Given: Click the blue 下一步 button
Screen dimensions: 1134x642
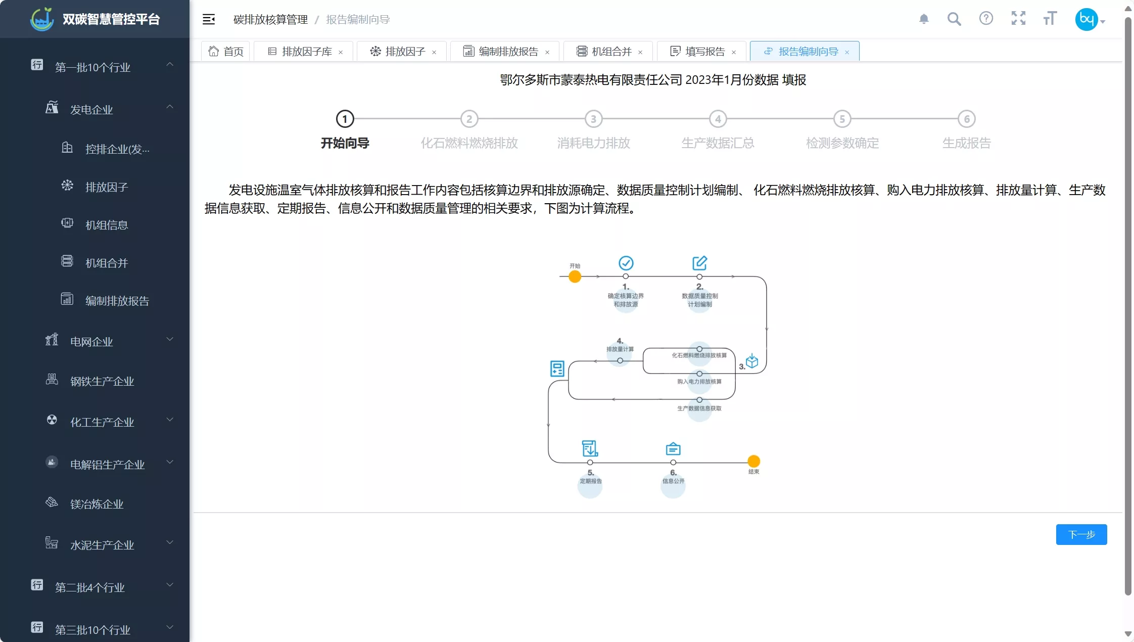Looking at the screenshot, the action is point(1081,534).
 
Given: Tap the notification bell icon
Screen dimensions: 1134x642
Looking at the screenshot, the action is point(924,19).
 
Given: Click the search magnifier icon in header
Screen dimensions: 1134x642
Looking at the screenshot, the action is point(954,19).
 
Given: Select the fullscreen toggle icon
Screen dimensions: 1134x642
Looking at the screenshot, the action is point(1018,19).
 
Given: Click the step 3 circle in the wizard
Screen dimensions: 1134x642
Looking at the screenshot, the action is point(593,119).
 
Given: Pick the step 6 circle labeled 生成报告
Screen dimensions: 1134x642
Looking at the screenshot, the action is point(966,119).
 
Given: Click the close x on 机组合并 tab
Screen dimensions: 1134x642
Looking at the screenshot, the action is point(640,52).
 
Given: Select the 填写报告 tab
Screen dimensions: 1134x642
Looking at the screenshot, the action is point(703,52).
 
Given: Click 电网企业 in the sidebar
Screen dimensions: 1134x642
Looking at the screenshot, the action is point(91,342).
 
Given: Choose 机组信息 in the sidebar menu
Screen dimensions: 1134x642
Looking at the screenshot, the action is point(107,225).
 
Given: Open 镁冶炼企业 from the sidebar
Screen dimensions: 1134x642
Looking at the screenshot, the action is point(97,504).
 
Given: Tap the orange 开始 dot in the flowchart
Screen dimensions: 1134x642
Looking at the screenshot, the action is point(575,277).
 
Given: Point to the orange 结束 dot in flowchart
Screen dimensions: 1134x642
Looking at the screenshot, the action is point(753,461).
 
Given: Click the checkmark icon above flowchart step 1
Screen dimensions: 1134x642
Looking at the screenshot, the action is point(626,263).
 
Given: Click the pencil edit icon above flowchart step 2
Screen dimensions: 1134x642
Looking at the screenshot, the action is point(699,263).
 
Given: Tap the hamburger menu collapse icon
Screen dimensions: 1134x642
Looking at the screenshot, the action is point(209,19).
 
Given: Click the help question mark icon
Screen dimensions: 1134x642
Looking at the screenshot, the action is point(986,19).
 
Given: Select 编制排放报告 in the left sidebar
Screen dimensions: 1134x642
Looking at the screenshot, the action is point(117,301).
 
